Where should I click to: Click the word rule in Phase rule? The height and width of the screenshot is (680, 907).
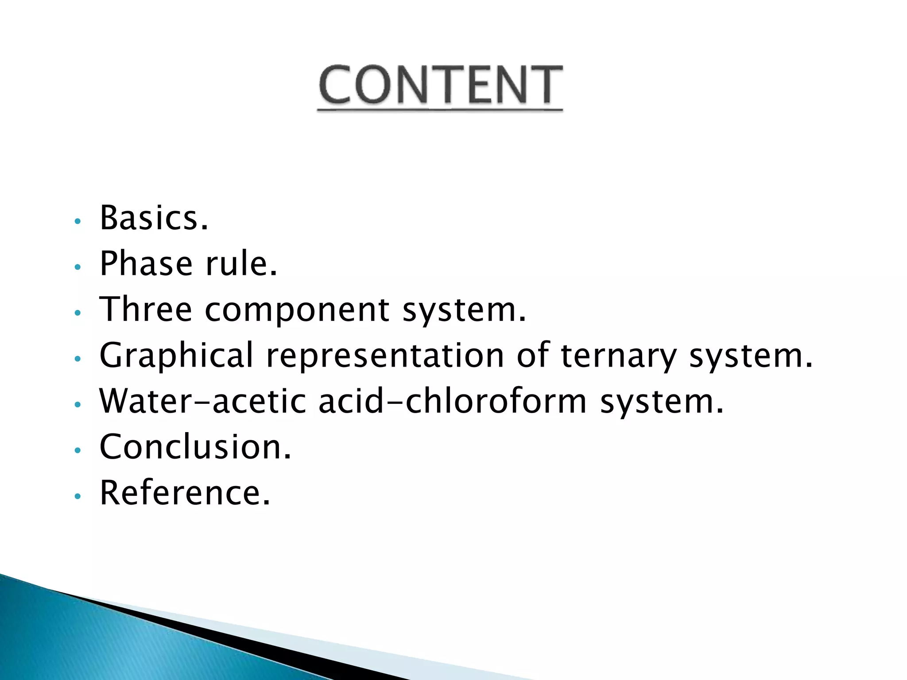tap(241, 264)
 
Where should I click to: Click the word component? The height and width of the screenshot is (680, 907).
tap(297, 310)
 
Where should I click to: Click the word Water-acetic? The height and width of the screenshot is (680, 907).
tap(203, 401)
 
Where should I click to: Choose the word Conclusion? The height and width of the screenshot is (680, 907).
tap(195, 447)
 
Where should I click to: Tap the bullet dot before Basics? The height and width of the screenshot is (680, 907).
tap(78, 221)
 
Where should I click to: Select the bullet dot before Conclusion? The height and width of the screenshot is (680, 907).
tap(78, 450)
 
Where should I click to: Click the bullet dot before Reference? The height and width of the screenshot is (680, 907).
tap(78, 496)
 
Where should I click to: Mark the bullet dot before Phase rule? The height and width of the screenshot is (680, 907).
tap(78, 267)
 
